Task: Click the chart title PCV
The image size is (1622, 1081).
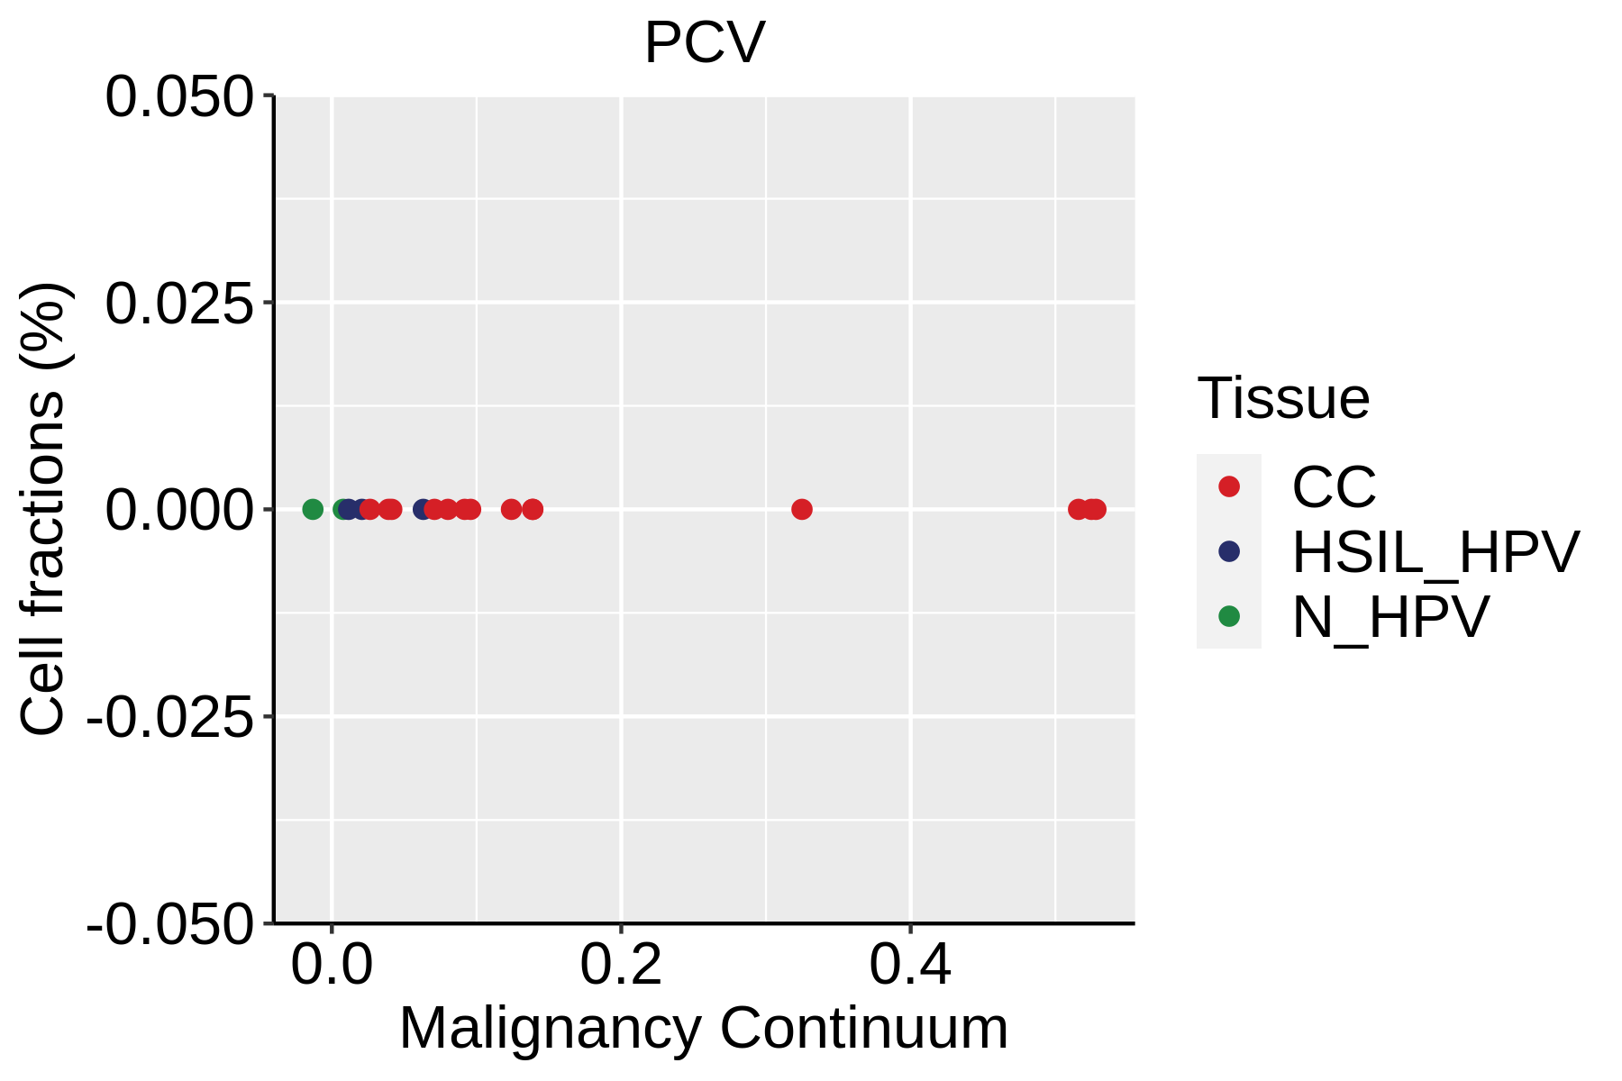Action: pyautogui.click(x=705, y=42)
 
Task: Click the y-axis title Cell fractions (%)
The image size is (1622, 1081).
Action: pyautogui.click(x=43, y=509)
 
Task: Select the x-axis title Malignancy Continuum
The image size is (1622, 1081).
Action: pyautogui.click(x=704, y=1028)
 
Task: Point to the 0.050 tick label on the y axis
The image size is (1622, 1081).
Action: pyautogui.click(x=179, y=96)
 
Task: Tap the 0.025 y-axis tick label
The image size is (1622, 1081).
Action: pyautogui.click(x=179, y=303)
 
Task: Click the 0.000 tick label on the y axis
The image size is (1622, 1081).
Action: pyautogui.click(x=179, y=510)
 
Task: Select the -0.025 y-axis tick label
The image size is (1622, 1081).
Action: pyautogui.click(x=169, y=717)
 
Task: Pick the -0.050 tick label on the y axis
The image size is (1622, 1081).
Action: pyautogui.click(x=169, y=924)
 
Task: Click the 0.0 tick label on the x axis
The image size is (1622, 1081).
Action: pyautogui.click(x=332, y=966)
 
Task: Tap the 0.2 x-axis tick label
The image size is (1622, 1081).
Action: pyautogui.click(x=621, y=966)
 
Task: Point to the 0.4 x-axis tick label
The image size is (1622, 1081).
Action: pyautogui.click(x=910, y=966)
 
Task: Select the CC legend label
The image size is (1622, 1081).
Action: pyautogui.click(x=1334, y=487)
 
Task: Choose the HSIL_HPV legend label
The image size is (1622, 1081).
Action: pyautogui.click(x=1435, y=552)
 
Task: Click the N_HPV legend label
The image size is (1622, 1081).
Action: pyautogui.click(x=1390, y=617)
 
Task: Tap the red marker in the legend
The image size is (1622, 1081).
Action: pyautogui.click(x=1229, y=486)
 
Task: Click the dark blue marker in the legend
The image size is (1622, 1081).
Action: pyautogui.click(x=1229, y=551)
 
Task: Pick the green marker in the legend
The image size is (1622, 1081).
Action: pyautogui.click(x=1229, y=616)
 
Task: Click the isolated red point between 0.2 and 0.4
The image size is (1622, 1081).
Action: pyautogui.click(x=802, y=510)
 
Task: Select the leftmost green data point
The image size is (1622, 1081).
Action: pyautogui.click(x=313, y=510)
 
